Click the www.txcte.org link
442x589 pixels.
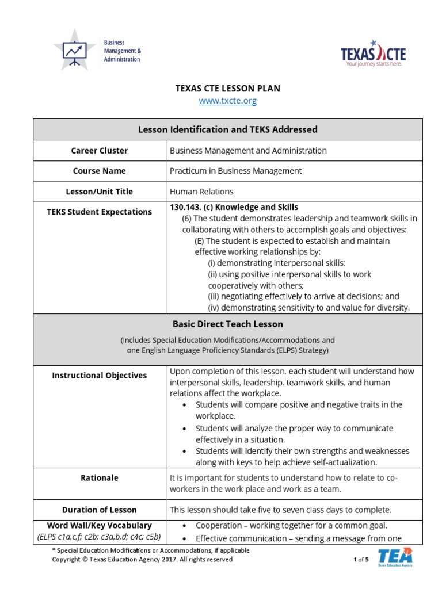[227, 101]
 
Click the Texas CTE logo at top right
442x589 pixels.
[373, 54]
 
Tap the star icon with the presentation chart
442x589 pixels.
[74, 51]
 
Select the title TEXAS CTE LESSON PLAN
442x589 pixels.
[227, 88]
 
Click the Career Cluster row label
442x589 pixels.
[100, 151]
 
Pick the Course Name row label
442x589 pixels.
[100, 171]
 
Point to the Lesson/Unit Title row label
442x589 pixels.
[100, 192]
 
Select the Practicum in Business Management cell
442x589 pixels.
[235, 171]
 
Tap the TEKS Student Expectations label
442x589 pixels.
[100, 212]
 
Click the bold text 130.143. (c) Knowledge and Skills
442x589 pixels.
[234, 207]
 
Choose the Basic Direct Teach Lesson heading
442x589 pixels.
[227, 324]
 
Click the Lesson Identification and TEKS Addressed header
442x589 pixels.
[227, 129]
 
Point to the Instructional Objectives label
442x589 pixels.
[100, 376]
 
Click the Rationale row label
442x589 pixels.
[100, 478]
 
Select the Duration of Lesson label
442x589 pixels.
[100, 510]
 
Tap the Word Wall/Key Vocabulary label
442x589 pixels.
[100, 525]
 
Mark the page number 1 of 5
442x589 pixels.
[361, 560]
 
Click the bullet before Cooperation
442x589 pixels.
[184, 526]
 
